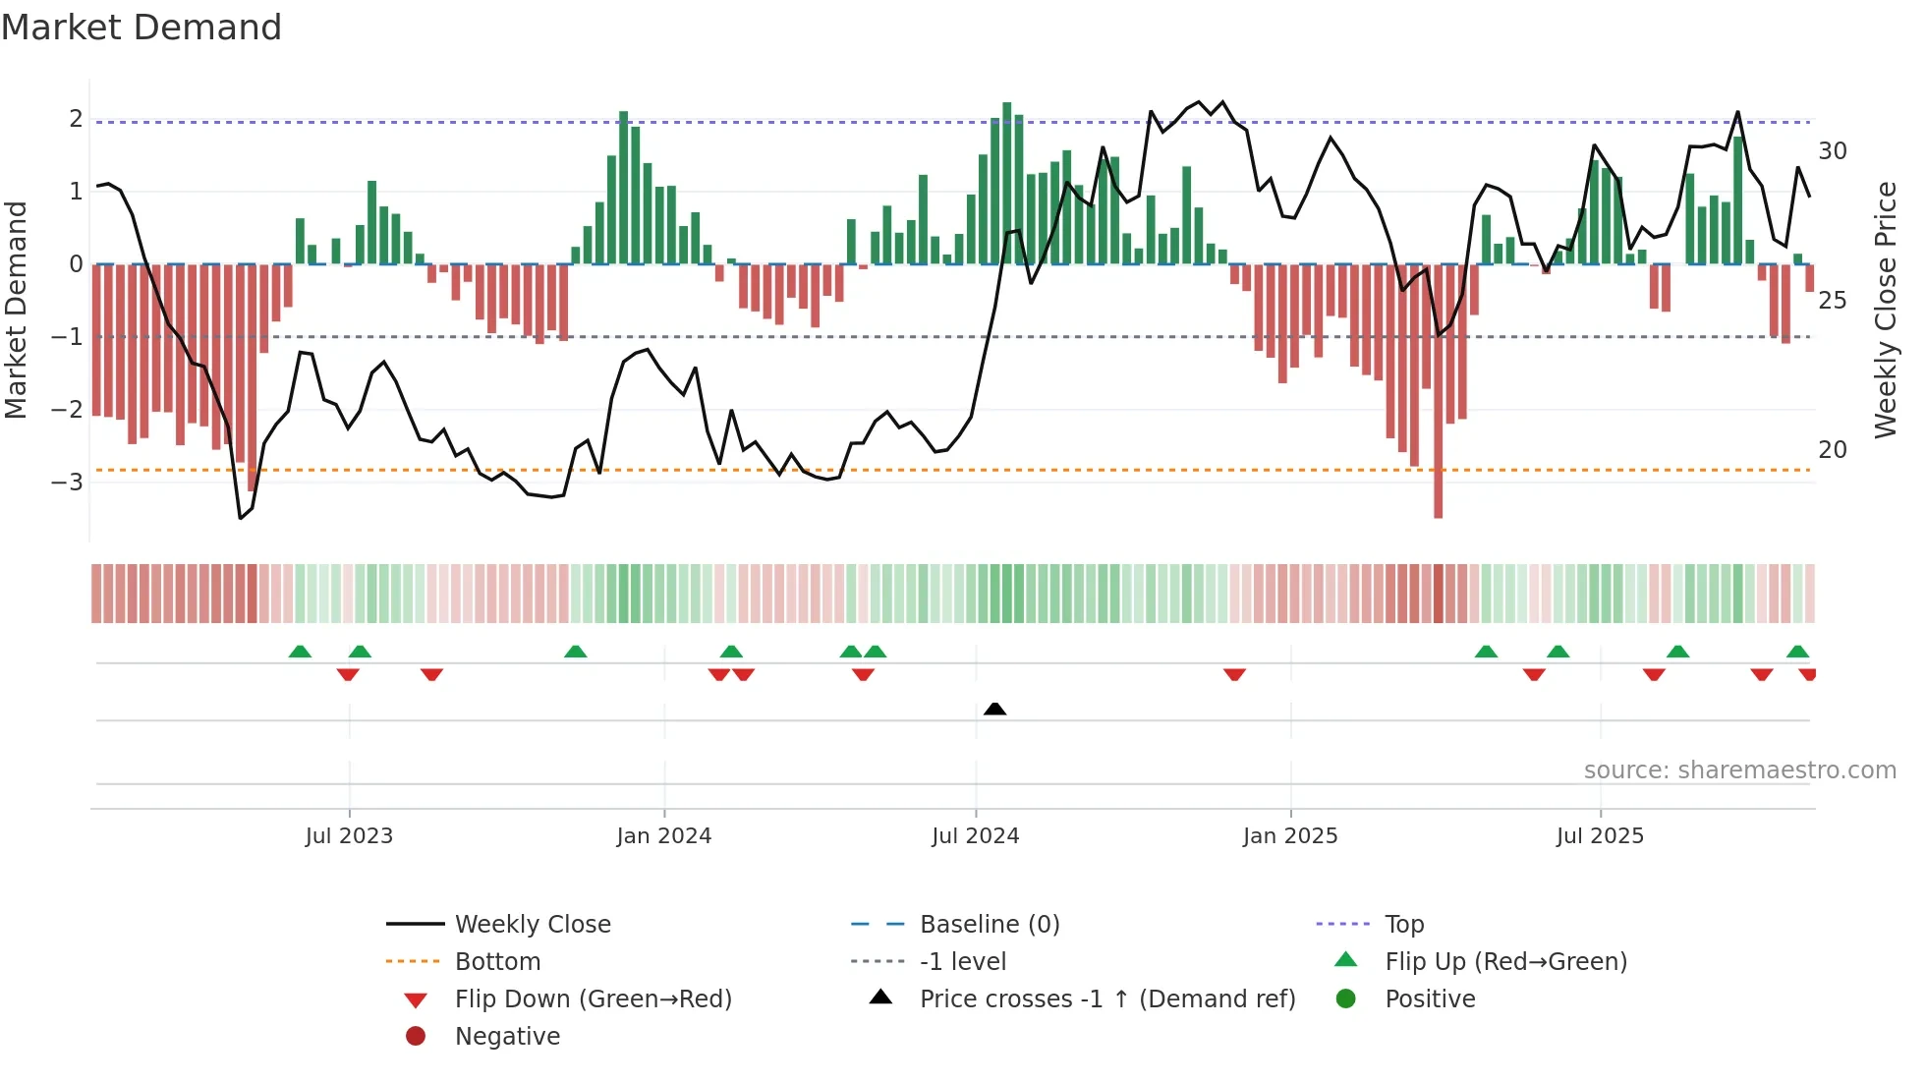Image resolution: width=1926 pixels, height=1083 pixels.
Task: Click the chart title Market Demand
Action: click(x=142, y=28)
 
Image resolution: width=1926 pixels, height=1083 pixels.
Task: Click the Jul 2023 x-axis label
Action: click(x=349, y=836)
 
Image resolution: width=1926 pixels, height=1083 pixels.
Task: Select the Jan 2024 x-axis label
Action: click(x=663, y=836)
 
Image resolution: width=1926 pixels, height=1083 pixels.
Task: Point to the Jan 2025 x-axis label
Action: click(x=1289, y=836)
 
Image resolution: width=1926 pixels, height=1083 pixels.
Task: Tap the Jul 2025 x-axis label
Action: click(x=1600, y=836)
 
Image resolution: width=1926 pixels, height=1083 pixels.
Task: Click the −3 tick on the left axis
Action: click(x=68, y=483)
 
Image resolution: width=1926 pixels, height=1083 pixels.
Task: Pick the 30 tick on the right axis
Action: click(x=1832, y=151)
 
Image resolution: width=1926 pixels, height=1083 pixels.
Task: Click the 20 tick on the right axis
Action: click(x=1832, y=450)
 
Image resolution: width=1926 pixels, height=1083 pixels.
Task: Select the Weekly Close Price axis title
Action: click(x=1885, y=310)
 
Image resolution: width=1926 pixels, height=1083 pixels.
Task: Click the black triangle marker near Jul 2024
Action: click(x=994, y=709)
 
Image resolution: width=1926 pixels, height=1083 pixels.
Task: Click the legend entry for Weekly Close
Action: click(x=532, y=925)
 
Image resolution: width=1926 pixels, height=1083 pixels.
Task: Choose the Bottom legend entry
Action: click(x=497, y=962)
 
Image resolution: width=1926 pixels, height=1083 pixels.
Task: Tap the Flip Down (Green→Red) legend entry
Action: click(x=593, y=999)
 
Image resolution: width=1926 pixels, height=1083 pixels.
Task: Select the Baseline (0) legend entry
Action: click(x=989, y=925)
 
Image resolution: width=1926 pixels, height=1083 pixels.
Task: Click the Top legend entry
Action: click(x=1403, y=925)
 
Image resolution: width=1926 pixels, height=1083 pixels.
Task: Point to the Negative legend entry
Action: click(x=507, y=1037)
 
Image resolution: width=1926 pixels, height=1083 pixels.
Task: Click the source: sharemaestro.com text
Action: click(x=1739, y=770)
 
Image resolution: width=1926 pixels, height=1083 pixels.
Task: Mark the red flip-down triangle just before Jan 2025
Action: click(x=1234, y=674)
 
